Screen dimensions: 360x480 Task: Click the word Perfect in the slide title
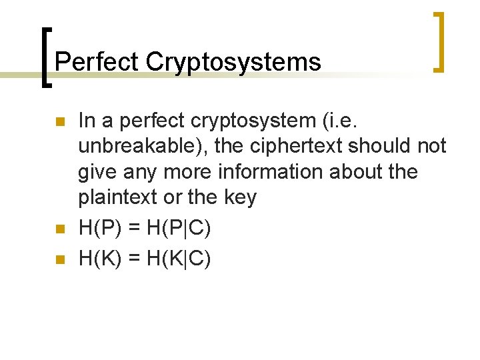click(97, 62)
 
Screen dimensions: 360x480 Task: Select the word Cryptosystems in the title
click(233, 63)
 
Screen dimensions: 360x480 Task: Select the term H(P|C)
click(177, 229)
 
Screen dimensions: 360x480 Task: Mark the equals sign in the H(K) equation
click(135, 259)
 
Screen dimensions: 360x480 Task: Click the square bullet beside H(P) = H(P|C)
click(59, 230)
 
